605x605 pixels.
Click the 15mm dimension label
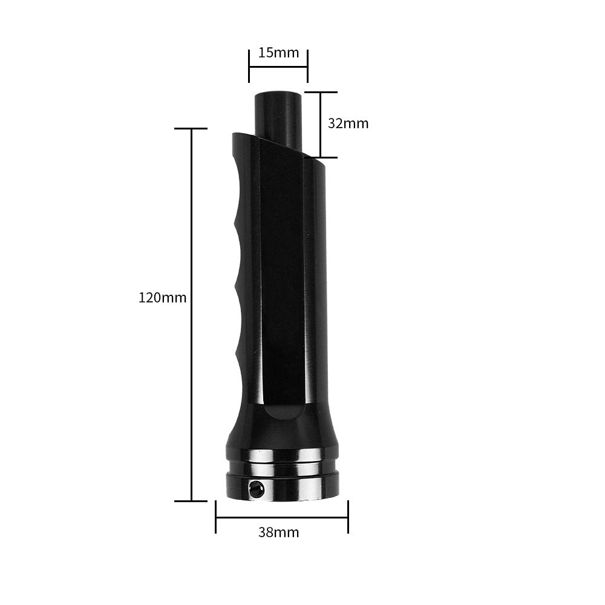pos(278,53)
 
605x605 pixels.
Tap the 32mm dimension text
pos(348,123)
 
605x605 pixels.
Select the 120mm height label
pos(163,298)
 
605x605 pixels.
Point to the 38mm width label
pos(278,532)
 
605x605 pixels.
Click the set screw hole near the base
pos(257,489)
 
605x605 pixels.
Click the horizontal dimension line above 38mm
pos(281,517)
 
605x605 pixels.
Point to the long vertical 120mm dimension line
pos(192,315)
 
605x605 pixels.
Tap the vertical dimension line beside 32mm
pos(320,124)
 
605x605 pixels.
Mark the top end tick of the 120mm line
pos(191,129)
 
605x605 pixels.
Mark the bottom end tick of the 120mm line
pos(191,501)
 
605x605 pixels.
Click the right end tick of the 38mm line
pos(348,517)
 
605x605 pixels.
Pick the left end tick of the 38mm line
pos(216,517)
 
